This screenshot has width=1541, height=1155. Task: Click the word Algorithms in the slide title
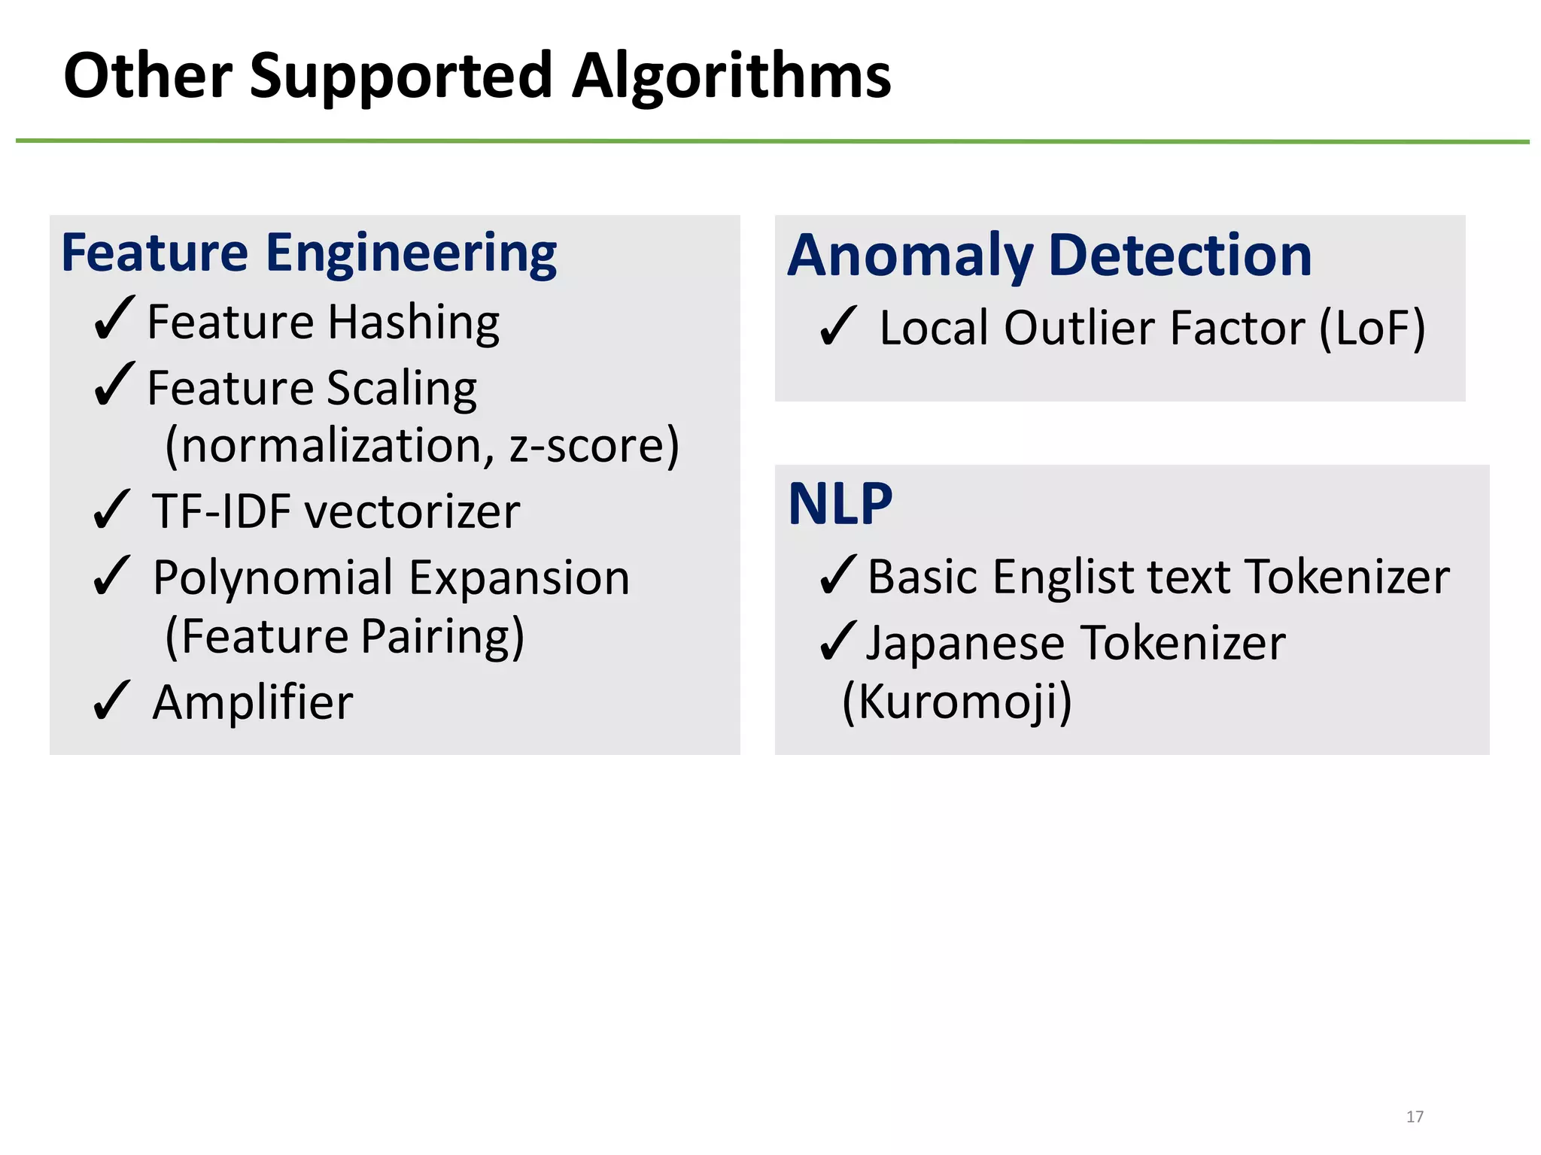731,77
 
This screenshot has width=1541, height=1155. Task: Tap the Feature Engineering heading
309,253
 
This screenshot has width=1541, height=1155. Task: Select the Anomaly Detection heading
1050,256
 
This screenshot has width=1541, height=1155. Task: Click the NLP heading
840,505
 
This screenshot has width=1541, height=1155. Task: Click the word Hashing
414,324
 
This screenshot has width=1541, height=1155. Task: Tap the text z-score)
594,446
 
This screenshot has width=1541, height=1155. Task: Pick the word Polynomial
274,579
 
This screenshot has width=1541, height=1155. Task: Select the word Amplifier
252,703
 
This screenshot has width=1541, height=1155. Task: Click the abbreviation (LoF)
1372,329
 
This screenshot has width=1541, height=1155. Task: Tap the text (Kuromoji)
956,702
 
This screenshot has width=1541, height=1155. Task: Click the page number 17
1415,1117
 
